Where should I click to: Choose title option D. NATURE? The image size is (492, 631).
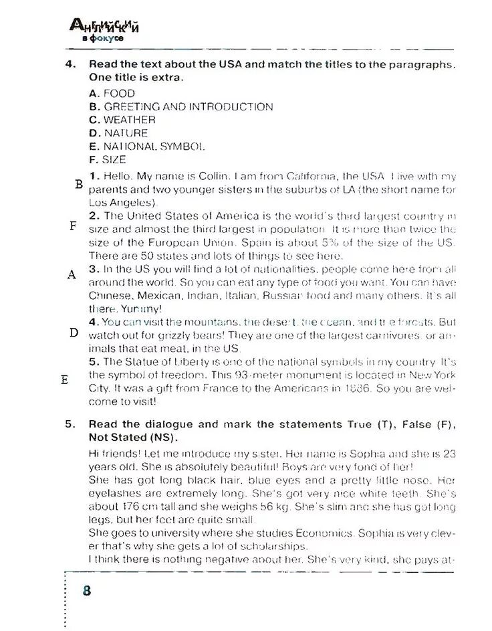(118, 133)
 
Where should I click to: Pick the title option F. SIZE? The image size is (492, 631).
(107, 160)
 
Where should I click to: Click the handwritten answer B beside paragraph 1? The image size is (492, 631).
(79, 184)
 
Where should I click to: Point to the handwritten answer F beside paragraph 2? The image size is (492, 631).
(73, 226)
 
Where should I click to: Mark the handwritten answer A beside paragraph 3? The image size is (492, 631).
(72, 275)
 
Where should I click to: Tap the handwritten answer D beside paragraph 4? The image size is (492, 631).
(74, 333)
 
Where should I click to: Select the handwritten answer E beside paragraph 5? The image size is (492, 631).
(65, 379)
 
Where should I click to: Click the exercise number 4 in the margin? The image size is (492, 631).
(69, 64)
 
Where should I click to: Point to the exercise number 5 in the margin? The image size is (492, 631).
(69, 424)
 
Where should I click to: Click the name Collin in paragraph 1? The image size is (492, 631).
(214, 177)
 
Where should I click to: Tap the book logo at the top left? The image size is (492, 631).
(105, 30)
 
